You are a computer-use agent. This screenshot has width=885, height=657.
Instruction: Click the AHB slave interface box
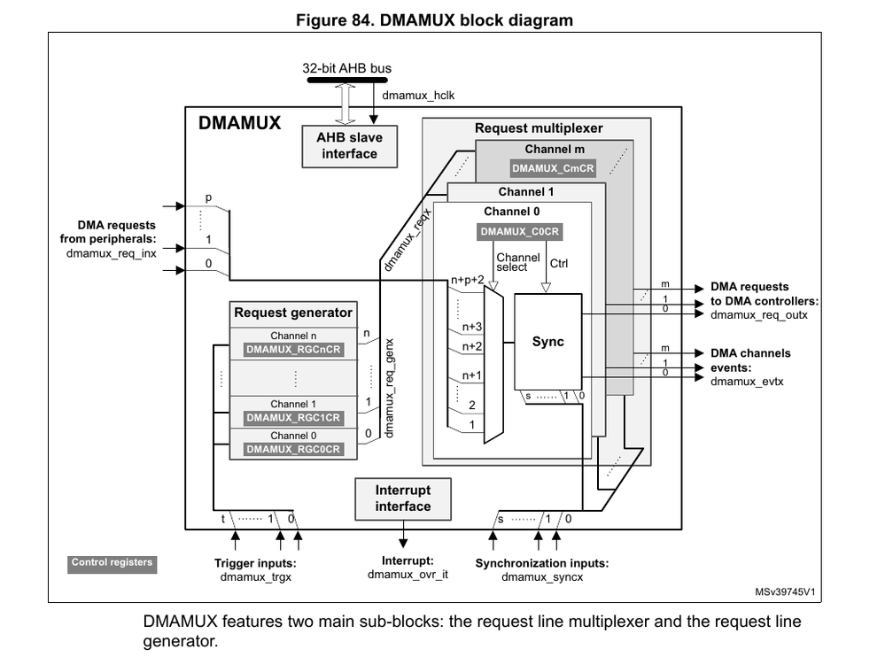[349, 146]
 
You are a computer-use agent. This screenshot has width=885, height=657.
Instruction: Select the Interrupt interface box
[402, 499]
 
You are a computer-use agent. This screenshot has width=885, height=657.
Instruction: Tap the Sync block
[547, 342]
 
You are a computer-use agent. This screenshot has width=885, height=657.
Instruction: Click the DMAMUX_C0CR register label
[521, 232]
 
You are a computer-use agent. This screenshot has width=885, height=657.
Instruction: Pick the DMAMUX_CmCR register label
[554, 167]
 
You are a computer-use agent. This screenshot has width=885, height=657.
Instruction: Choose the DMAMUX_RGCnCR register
[293, 350]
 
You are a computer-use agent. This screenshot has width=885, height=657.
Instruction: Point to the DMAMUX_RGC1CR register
[293, 418]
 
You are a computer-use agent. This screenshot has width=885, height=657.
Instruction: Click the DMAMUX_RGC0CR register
[293, 450]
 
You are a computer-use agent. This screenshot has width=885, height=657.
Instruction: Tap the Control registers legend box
[112, 562]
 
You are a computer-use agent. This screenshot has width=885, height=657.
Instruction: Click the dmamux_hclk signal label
[418, 96]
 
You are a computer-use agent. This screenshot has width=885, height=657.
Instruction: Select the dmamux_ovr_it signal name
[408, 575]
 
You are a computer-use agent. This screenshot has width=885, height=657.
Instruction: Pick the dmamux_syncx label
[541, 577]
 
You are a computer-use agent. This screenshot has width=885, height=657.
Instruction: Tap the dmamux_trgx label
[255, 577]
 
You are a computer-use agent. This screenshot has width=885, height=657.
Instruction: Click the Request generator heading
[292, 313]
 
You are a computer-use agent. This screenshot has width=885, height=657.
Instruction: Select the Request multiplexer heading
[538, 128]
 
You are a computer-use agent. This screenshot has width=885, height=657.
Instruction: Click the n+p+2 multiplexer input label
[468, 280]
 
